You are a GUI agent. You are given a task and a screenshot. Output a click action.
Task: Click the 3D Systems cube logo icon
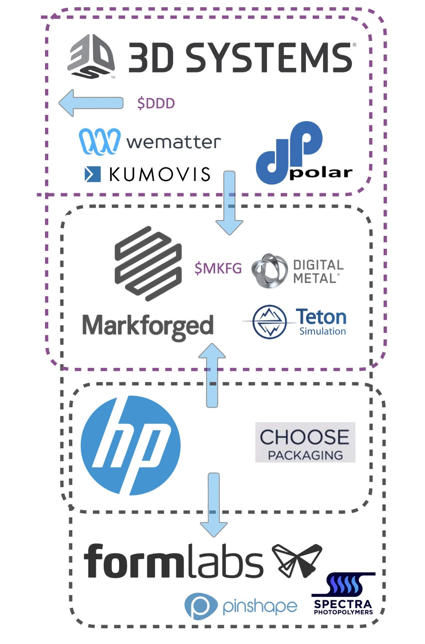point(91,56)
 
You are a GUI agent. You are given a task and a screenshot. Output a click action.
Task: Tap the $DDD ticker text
point(156,103)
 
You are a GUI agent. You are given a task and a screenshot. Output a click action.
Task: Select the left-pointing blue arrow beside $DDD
point(91,103)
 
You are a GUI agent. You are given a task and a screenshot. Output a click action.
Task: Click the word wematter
point(173,142)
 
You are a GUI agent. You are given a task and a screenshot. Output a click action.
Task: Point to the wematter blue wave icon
point(99,141)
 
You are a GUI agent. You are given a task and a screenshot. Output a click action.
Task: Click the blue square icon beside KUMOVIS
point(92,174)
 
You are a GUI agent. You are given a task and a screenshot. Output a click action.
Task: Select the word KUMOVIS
point(160,174)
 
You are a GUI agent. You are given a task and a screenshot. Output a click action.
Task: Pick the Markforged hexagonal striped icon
point(148,264)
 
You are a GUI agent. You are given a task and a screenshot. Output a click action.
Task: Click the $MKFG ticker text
point(218,268)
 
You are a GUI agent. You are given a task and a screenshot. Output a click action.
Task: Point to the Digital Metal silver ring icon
point(269,271)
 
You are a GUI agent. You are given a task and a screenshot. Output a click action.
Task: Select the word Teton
point(321,317)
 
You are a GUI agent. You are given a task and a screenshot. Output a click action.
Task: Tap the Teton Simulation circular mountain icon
point(269,322)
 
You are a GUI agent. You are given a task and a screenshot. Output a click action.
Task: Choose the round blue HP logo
point(130,445)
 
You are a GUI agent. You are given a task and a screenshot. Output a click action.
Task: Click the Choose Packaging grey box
point(305,442)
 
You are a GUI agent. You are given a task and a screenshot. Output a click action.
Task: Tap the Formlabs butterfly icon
point(297,560)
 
